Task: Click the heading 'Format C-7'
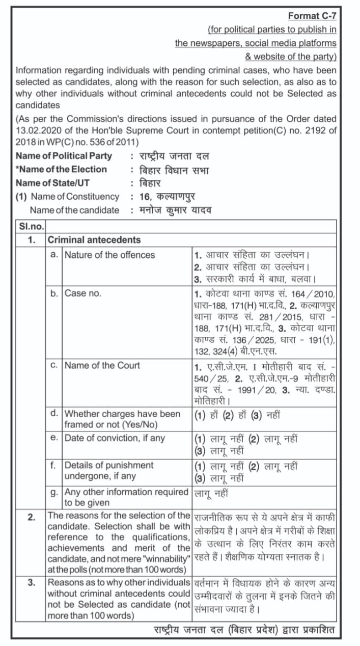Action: click(312, 16)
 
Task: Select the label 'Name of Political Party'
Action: click(64, 156)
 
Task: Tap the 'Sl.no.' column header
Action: click(31, 226)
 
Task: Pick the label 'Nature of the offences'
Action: click(109, 255)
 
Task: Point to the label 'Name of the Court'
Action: click(102, 365)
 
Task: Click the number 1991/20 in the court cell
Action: click(240, 390)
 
